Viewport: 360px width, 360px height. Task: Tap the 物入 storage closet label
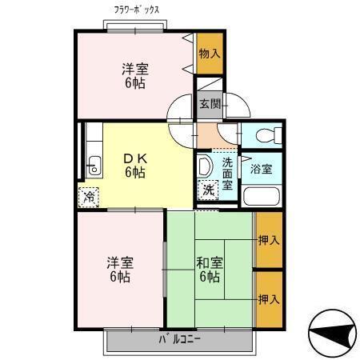tap(209, 54)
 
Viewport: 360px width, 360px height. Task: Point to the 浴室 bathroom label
tap(262, 169)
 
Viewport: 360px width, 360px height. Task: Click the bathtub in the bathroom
tap(260, 197)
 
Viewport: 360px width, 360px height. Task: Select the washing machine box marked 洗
tap(208, 190)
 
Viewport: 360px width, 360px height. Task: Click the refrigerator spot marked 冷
tap(90, 195)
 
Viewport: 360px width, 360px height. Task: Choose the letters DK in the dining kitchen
tap(134, 157)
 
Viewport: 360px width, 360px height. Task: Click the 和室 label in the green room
tap(210, 262)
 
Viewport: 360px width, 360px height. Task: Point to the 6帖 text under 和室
tap(210, 277)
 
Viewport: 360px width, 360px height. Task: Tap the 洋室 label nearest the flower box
tap(134, 69)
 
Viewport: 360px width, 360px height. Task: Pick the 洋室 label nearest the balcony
tap(119, 262)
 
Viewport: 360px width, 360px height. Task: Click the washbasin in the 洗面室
tap(204, 166)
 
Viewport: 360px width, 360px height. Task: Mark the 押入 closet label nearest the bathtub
tap(269, 239)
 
